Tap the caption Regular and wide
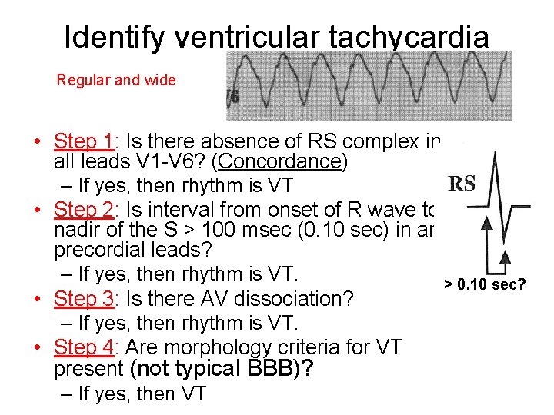tap(116, 80)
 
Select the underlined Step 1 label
tap(84, 141)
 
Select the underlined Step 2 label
tap(84, 209)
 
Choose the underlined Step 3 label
tap(84, 298)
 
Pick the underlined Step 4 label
tap(84, 347)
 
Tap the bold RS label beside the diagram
tap(462, 183)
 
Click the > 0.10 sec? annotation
tap(485, 286)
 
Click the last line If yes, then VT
tap(142, 394)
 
